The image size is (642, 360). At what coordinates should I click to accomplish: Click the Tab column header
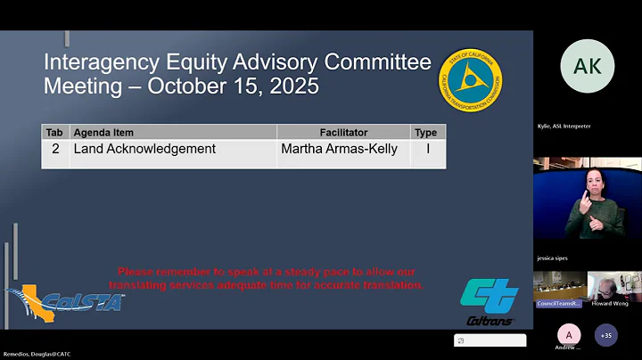(x=54, y=133)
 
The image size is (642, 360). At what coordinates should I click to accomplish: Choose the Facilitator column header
(x=343, y=133)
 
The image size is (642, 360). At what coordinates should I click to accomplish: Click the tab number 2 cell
(x=55, y=150)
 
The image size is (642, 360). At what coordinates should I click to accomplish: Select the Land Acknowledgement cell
(x=144, y=150)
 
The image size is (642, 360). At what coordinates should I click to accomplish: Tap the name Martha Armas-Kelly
(x=341, y=150)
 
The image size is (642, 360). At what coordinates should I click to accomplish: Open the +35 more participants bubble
(x=606, y=335)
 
